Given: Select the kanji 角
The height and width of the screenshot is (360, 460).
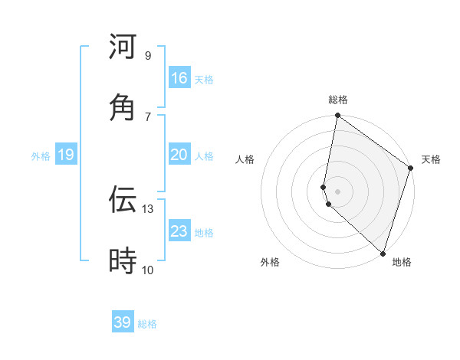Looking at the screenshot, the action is tap(123, 108).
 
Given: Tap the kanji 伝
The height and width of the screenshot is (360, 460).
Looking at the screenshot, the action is tap(123, 200).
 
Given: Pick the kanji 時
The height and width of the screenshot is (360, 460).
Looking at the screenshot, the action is tap(123, 262).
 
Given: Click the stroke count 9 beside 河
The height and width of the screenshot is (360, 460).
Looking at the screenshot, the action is tap(148, 56).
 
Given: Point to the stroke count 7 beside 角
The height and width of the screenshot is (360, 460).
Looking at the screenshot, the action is tap(148, 117).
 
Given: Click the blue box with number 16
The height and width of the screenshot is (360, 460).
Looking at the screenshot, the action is tap(179, 78).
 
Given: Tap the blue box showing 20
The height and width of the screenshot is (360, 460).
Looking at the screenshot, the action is tap(179, 155).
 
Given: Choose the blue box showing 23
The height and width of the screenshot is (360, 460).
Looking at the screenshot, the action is tap(179, 231).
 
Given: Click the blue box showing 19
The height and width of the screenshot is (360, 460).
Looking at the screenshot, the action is tap(66, 155).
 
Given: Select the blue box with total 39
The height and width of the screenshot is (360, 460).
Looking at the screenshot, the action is tap(123, 322).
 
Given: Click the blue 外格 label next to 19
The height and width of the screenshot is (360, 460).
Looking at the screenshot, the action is tap(41, 156).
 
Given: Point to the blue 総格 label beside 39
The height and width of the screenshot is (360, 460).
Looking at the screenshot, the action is tap(147, 324).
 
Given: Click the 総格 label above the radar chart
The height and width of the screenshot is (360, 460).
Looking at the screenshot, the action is tap(338, 100).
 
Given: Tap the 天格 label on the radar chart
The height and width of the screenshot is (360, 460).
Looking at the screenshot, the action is tap(431, 159).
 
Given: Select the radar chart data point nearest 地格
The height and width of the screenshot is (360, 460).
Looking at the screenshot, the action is tap(382, 253).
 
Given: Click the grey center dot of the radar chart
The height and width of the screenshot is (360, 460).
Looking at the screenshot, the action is tap(337, 191).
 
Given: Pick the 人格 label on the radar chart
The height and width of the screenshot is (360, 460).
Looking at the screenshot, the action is tap(245, 159).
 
